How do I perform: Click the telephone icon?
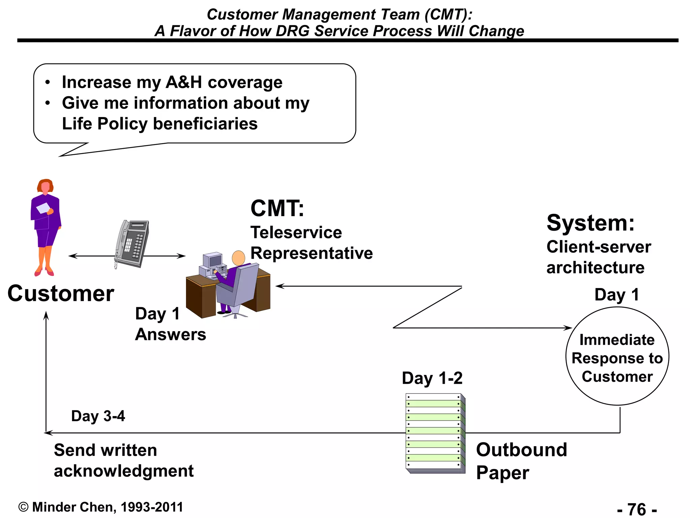coord(132,243)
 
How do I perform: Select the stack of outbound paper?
coord(435,433)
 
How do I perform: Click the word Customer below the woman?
coord(61,293)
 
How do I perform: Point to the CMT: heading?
coord(277,208)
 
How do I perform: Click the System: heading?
coord(590,223)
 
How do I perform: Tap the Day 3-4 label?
coord(98,416)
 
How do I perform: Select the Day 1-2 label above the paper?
coord(432,378)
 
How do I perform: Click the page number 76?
coord(637,509)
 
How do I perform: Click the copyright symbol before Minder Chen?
coord(23,507)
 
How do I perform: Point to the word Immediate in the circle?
coord(617,340)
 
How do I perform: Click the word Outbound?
coord(521,450)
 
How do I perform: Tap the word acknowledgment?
coord(124,471)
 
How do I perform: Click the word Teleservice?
coord(296,233)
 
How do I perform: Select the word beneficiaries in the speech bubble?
coord(205,124)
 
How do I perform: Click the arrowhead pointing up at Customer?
coord(46,315)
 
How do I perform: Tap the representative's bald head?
coord(239,258)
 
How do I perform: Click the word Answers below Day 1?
coord(170,335)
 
